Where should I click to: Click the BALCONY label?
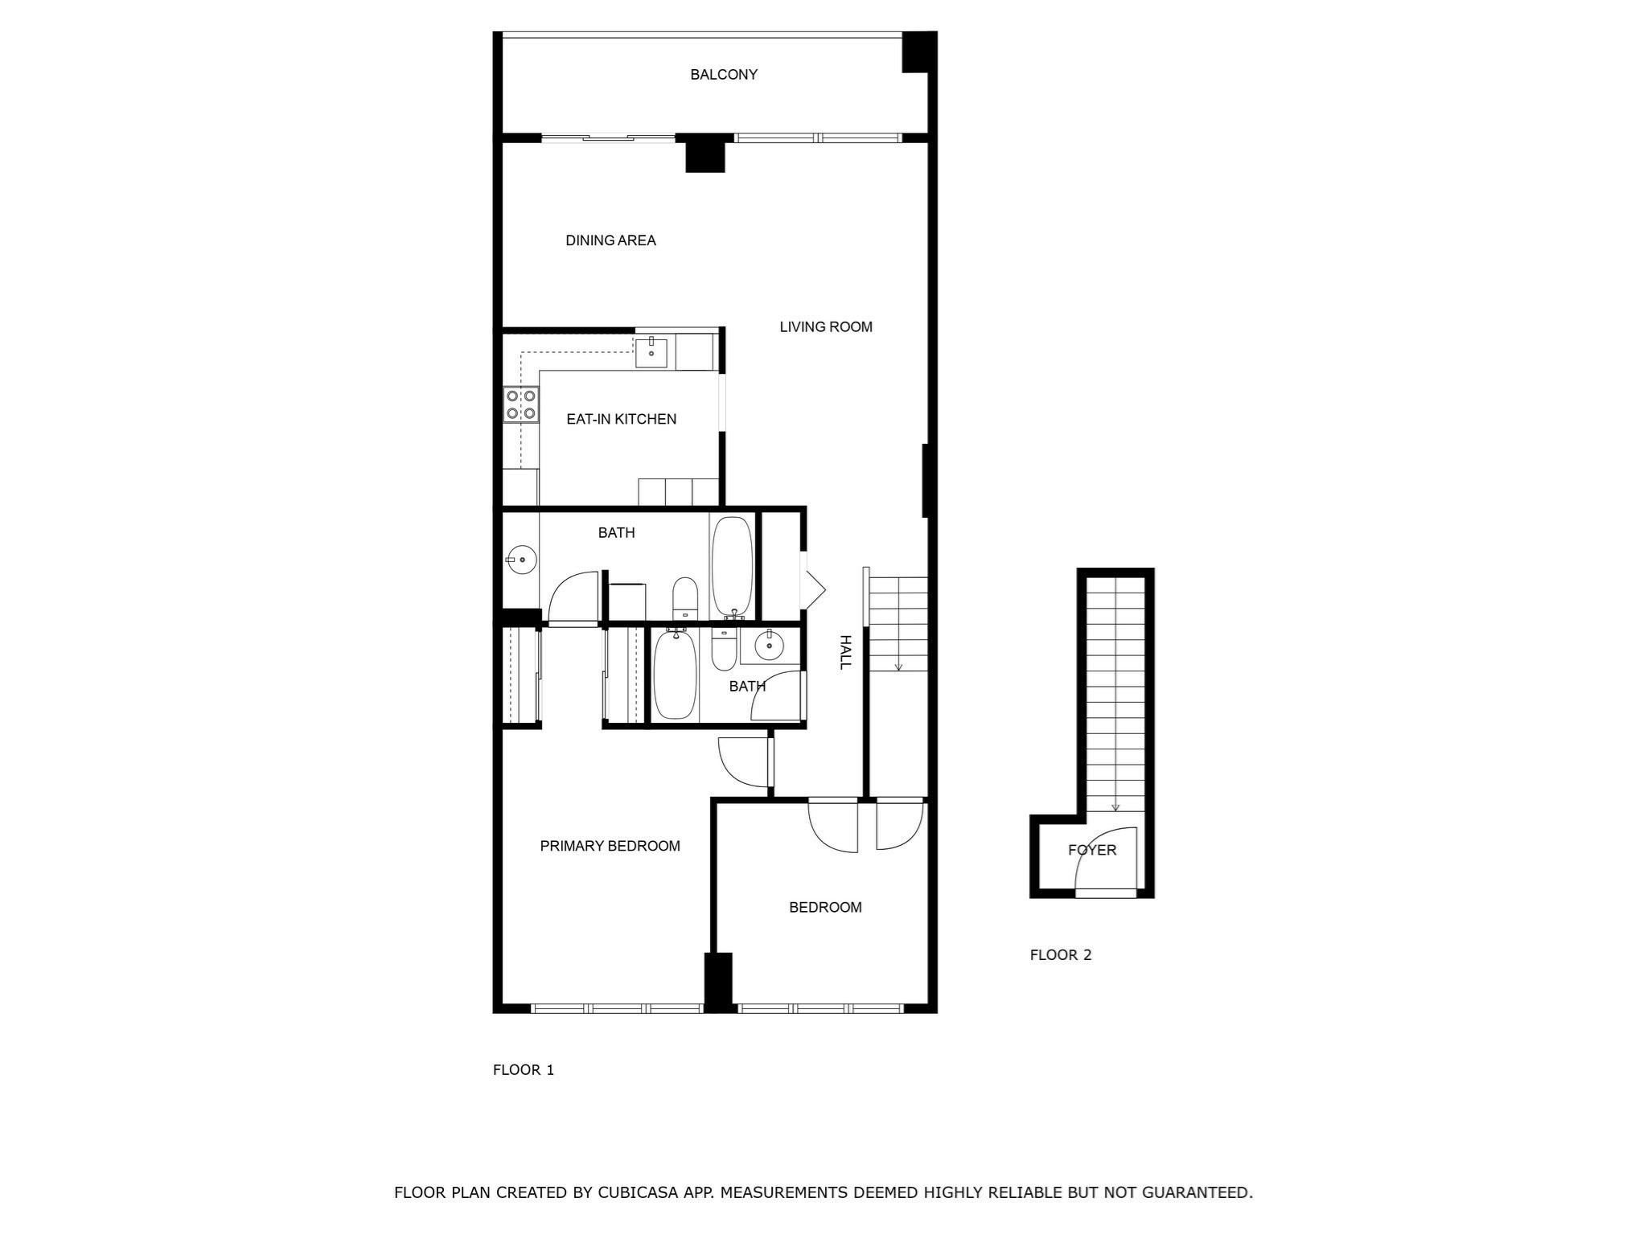tap(724, 75)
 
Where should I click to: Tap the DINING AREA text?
tap(610, 240)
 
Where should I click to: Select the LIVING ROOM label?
tap(826, 327)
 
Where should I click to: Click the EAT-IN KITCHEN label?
tap(622, 419)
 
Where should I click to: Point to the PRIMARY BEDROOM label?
tap(610, 846)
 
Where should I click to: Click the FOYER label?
tap(1092, 850)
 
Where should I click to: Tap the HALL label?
tap(845, 652)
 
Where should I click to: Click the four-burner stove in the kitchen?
tap(520, 404)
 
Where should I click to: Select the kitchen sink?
tap(651, 352)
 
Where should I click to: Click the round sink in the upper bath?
tap(522, 559)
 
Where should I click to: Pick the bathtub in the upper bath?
tap(732, 567)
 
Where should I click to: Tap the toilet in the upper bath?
tap(685, 598)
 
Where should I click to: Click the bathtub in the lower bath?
tap(675, 674)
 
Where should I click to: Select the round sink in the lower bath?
tap(770, 645)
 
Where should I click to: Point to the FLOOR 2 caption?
tap(1061, 955)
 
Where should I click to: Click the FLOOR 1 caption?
tap(524, 1070)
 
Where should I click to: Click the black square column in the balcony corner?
tap(919, 52)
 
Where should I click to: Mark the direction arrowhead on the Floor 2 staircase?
tap(1115, 808)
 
